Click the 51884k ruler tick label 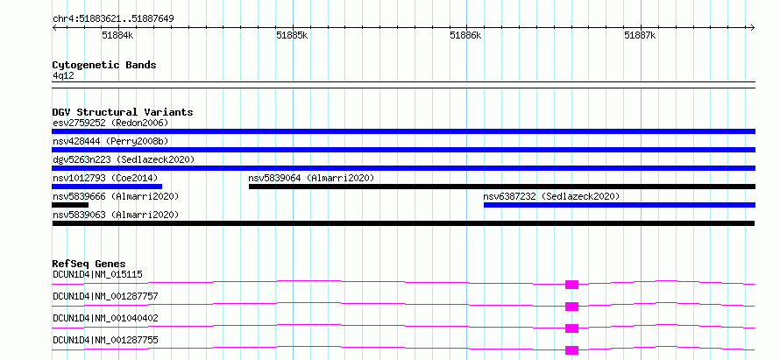118,35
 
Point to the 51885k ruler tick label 292,35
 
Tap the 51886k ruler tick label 465,35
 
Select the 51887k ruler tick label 640,35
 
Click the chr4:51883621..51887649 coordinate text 113,19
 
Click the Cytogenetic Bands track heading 104,65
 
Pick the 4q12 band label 63,75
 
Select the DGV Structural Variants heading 123,112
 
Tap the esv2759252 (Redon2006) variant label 110,123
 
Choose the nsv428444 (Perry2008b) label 110,141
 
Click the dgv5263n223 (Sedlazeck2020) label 124,159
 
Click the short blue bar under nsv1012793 107,187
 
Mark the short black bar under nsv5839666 70,205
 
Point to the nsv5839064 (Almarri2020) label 311,178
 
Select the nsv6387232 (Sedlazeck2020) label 551,196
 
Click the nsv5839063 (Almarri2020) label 116,215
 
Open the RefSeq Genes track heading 89,264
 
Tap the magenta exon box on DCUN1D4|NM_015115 572,285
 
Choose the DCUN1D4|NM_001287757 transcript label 105,296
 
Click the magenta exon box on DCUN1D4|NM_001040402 572,328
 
